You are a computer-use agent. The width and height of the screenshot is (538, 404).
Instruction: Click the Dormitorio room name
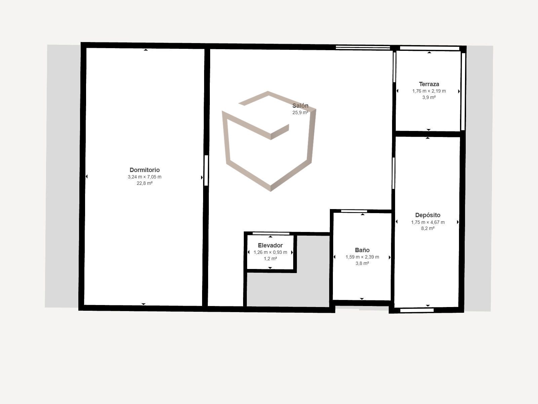click(145, 170)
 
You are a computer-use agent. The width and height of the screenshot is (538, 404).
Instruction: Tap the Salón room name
click(300, 106)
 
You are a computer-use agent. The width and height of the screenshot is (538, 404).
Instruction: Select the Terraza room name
click(429, 85)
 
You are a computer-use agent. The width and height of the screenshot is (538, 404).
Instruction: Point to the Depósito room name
click(428, 215)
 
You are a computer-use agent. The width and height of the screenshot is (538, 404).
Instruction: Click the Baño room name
click(362, 250)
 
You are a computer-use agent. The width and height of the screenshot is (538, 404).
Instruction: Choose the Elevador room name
click(270, 245)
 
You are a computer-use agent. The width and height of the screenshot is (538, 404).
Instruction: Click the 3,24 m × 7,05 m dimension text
click(145, 177)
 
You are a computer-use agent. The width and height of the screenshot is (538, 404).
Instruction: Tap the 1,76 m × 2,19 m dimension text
click(429, 91)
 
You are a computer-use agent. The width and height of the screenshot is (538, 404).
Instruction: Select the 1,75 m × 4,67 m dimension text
click(428, 222)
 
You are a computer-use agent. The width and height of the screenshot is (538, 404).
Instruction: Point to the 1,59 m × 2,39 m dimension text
click(362, 257)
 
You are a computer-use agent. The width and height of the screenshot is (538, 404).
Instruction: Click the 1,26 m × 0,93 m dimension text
click(270, 252)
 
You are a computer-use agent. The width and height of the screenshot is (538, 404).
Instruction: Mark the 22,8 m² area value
click(145, 183)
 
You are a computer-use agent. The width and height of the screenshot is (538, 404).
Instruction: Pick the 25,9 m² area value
click(300, 112)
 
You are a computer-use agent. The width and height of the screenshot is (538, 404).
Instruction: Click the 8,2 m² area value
click(428, 228)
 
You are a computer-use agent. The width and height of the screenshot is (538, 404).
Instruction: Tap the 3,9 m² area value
click(429, 97)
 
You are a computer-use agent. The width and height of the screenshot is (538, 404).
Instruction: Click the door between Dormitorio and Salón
click(206, 170)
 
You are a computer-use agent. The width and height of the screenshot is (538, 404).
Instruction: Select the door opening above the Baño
click(354, 211)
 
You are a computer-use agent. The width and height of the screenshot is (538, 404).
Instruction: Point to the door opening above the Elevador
click(271, 234)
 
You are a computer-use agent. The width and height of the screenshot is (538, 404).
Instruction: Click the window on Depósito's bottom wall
click(417, 310)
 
